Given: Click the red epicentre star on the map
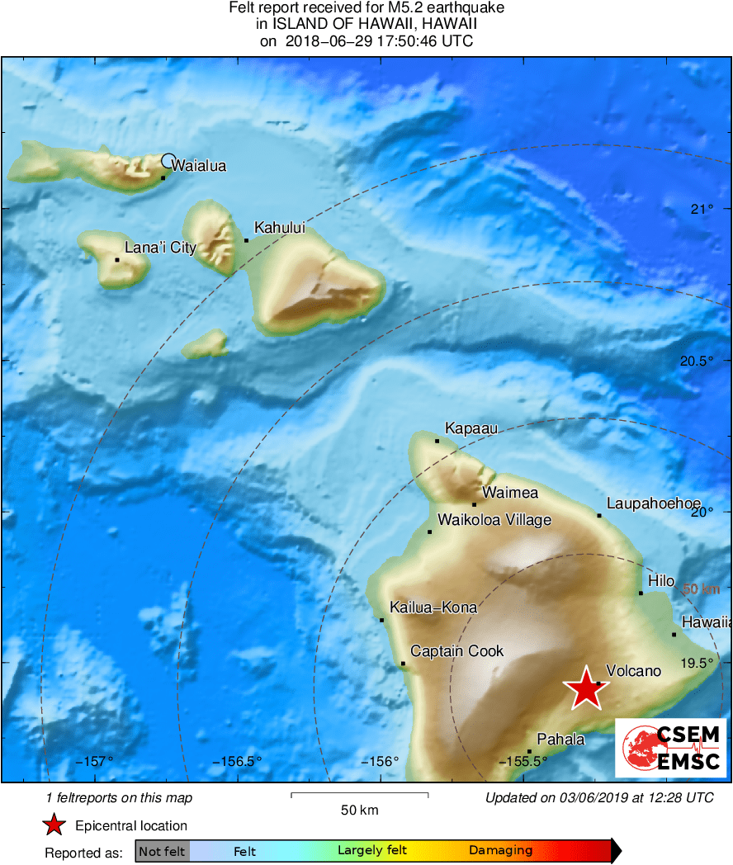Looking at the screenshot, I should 585,687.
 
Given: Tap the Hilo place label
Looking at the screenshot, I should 661,581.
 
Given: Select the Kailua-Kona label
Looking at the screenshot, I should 433,607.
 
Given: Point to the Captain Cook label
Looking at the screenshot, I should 456,651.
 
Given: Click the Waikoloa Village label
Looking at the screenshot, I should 494,520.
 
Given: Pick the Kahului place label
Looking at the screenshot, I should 279,227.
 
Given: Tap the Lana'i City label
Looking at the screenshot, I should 160,247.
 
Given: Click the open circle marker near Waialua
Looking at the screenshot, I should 168,161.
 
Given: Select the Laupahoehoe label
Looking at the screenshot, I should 653,503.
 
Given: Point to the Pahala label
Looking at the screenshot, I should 560,739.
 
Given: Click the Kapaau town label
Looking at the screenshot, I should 471,428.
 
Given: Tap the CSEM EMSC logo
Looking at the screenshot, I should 670,747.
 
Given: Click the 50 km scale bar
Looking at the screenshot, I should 359,795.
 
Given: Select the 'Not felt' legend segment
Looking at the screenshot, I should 162,851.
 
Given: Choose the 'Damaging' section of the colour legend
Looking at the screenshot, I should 500,851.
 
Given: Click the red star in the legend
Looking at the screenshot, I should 54,825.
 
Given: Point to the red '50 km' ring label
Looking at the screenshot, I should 701,589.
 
